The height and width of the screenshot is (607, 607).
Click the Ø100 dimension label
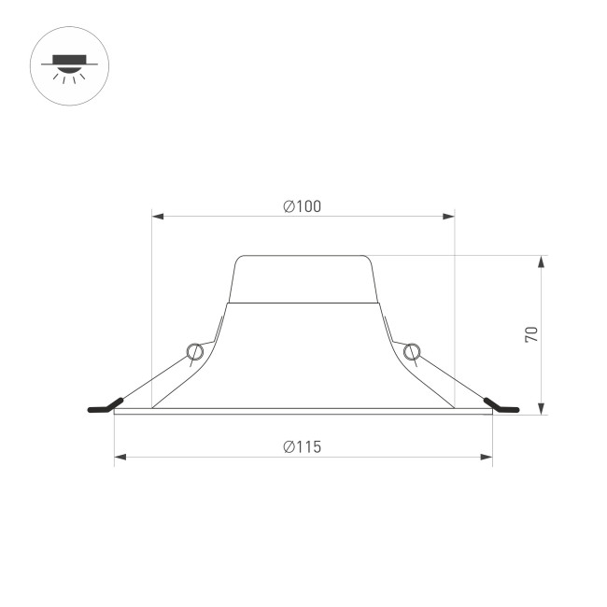[x=303, y=206]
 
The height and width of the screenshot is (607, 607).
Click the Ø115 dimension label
[x=303, y=446]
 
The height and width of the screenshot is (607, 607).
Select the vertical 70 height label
[x=531, y=333]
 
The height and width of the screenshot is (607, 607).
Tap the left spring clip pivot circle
[x=194, y=351]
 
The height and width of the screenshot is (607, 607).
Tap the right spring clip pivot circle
[x=411, y=351]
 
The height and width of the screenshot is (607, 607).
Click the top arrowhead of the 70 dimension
[x=542, y=261]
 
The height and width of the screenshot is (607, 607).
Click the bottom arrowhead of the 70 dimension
[x=542, y=407]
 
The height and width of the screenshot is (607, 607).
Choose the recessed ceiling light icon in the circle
[x=69, y=65]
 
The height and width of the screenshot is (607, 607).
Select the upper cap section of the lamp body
[x=303, y=278]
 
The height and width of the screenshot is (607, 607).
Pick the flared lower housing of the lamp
[x=303, y=360]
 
